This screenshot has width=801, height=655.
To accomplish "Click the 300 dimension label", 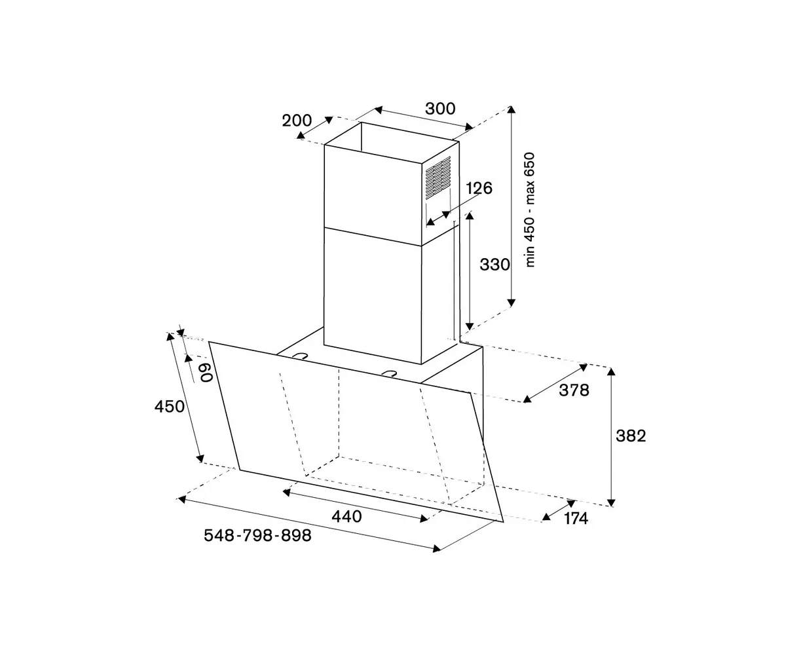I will (439, 109).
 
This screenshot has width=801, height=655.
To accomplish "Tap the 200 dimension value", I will (296, 121).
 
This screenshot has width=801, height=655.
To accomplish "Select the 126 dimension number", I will (479, 189).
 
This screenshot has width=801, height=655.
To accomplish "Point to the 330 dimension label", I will (494, 265).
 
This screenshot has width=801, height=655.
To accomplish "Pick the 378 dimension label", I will (574, 390).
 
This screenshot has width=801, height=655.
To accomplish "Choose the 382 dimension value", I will (631, 436).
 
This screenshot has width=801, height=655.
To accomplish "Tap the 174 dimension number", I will (575, 519).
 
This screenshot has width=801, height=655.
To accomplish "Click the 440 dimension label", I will (346, 517).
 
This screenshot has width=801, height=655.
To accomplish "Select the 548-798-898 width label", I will (257, 536).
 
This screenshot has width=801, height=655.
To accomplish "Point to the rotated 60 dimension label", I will (204, 373).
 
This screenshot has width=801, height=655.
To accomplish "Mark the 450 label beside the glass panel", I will (170, 407).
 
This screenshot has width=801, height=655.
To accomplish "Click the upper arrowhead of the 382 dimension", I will (611, 371).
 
